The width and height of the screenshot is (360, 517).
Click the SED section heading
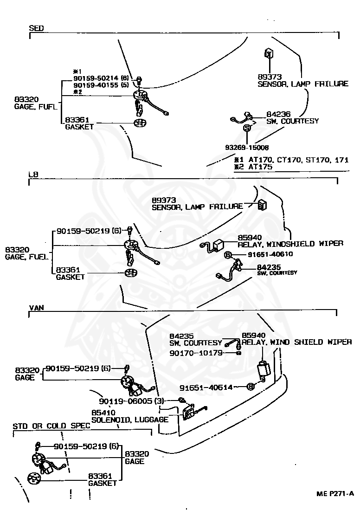(36, 28)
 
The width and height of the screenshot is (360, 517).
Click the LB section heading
(33, 174)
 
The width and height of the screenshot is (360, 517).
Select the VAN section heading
(37, 308)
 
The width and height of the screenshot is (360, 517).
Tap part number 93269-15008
(246, 148)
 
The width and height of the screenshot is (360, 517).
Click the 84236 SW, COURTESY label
(292, 117)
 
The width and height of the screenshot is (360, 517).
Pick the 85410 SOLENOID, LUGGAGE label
(129, 416)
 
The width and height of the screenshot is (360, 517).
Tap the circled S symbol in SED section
(247, 128)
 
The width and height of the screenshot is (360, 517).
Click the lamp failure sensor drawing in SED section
(268, 53)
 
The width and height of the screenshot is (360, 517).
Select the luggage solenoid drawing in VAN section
(189, 411)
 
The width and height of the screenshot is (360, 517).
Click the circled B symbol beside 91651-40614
(251, 387)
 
